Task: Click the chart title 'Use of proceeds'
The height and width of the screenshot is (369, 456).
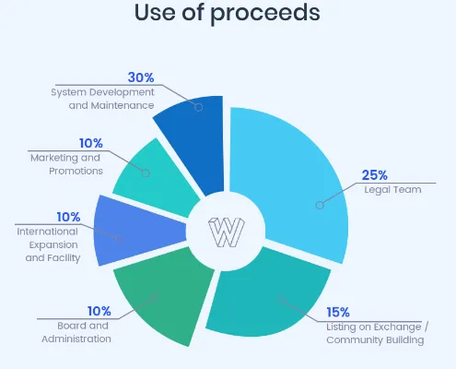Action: click(228, 13)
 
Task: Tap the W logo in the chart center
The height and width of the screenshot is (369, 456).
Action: click(227, 232)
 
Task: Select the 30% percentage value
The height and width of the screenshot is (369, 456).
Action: click(141, 77)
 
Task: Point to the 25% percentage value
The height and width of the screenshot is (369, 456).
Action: click(374, 175)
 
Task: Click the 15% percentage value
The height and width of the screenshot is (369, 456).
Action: click(338, 313)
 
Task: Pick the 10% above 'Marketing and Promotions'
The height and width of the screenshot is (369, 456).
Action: click(91, 143)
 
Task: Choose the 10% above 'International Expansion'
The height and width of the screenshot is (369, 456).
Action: click(68, 217)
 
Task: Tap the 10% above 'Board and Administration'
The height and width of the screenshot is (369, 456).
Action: click(99, 311)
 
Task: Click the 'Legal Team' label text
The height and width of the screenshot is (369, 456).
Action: click(392, 190)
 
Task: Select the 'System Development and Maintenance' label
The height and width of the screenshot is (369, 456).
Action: click(102, 99)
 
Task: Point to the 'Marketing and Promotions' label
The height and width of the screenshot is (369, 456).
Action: click(65, 164)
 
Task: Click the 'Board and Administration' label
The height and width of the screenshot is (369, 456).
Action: click(76, 332)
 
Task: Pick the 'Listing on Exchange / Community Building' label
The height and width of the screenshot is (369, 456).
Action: click(377, 333)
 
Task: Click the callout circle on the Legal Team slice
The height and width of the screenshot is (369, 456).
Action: click(320, 205)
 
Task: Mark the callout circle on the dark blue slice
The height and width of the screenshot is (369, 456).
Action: click(199, 107)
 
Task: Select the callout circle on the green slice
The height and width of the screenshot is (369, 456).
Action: click(156, 297)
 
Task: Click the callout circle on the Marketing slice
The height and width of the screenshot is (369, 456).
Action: click(146, 173)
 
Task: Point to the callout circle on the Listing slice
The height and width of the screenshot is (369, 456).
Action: click(281, 300)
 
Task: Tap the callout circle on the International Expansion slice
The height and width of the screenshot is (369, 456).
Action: click(120, 239)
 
